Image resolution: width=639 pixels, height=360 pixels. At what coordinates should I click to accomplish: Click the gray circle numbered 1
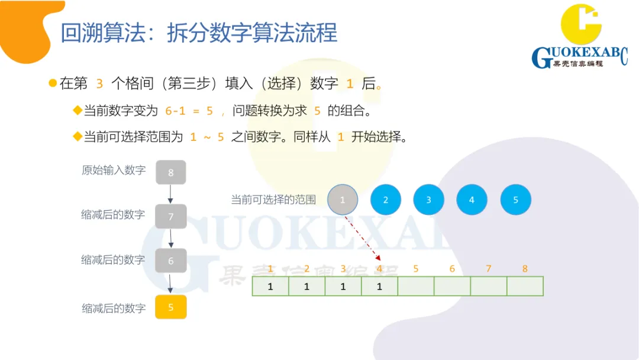343,200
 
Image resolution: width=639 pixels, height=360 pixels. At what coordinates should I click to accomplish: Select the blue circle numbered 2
386,200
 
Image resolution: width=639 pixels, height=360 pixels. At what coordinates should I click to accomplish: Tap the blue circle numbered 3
428,200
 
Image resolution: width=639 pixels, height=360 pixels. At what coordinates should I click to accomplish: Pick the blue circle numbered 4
472,200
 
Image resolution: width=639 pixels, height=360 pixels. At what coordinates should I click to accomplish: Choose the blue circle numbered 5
515,200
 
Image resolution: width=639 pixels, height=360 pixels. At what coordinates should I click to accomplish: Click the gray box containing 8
171,172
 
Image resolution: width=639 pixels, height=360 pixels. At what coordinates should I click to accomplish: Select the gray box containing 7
171,217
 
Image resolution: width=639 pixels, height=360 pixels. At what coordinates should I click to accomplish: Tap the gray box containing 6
171,261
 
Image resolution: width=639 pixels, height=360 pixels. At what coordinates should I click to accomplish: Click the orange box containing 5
171,307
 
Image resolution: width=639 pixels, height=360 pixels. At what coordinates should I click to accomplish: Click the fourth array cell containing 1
379,287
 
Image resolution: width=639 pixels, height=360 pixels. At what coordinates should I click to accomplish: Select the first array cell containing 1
270,287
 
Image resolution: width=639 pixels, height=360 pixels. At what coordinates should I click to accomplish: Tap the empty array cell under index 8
525,287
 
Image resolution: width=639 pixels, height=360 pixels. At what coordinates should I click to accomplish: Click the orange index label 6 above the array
452,269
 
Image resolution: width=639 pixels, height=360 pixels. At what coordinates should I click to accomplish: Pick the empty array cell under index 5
416,287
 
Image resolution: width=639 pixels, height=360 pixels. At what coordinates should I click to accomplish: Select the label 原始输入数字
114,171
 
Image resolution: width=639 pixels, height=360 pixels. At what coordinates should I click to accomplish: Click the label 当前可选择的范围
273,200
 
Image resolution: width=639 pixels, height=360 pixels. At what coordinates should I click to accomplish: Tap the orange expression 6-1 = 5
189,111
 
